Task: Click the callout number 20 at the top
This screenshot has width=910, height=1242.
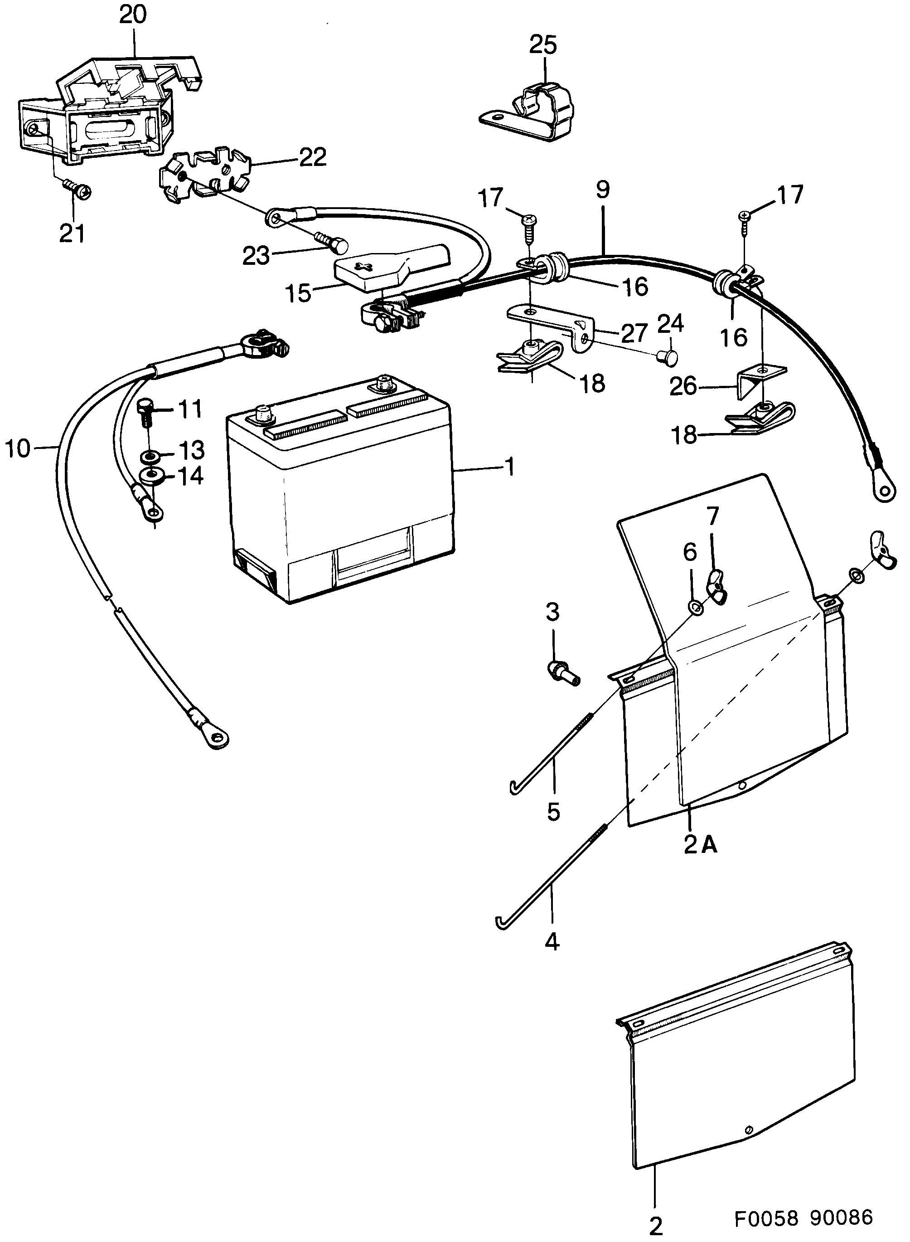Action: [133, 15]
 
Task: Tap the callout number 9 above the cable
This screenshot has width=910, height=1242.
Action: [603, 190]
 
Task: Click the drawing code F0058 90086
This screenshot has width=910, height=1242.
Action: [804, 1217]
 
